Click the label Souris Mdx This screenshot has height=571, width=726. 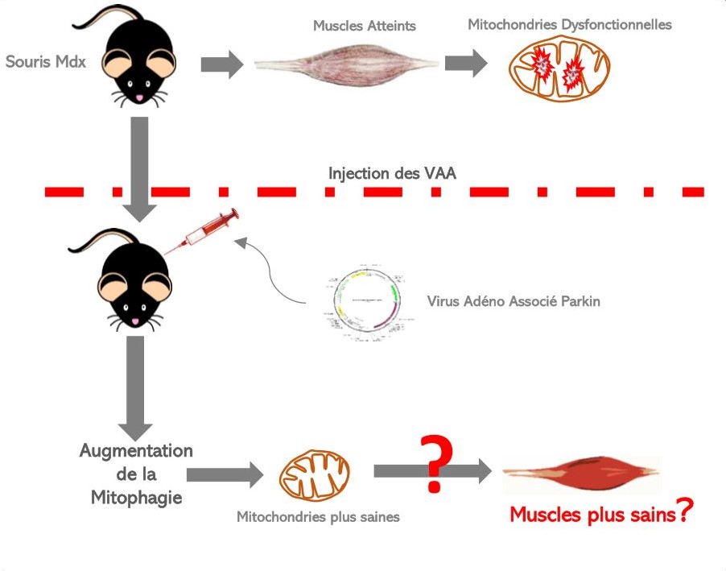click(x=45, y=61)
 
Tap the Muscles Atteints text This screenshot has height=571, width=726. click(x=365, y=26)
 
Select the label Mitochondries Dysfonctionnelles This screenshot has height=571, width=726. click(x=570, y=24)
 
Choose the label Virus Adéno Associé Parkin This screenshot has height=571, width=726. click(x=514, y=302)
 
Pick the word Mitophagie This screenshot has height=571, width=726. click(x=136, y=498)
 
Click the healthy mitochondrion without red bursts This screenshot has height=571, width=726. click(x=315, y=475)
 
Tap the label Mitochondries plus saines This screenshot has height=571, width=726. click(x=318, y=517)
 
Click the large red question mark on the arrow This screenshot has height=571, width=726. click(x=435, y=462)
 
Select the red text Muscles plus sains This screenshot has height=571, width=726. click(x=592, y=514)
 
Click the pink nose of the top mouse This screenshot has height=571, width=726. click(x=138, y=97)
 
